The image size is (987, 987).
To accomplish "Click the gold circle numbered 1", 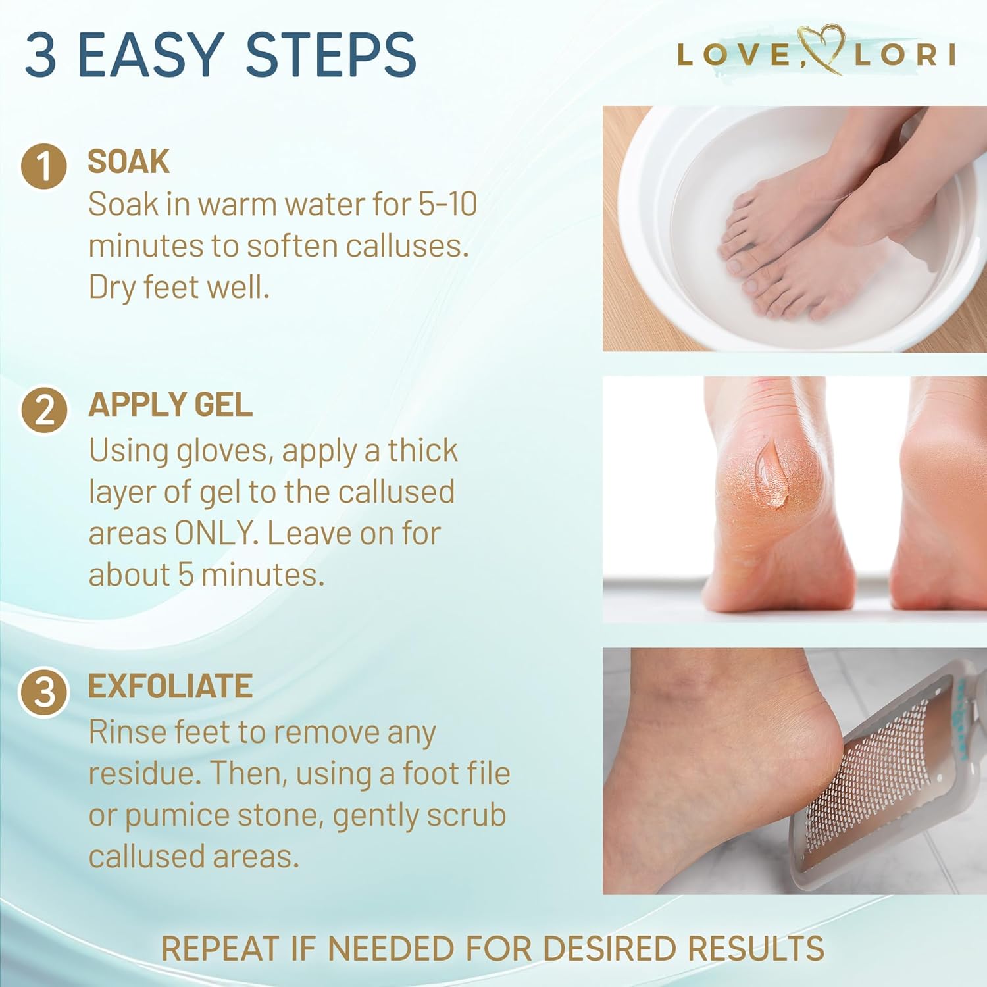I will pos(43,166).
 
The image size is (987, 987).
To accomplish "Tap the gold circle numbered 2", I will pos(44,409).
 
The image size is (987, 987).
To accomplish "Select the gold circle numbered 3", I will pos(44,692).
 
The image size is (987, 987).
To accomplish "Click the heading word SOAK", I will pos(128,162).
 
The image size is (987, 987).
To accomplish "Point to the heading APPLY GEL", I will pos(170,405).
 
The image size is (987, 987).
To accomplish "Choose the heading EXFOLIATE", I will pos(170,686).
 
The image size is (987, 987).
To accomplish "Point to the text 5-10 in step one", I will pos(447,204).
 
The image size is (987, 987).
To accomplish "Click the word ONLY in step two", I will pos(214,533).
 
